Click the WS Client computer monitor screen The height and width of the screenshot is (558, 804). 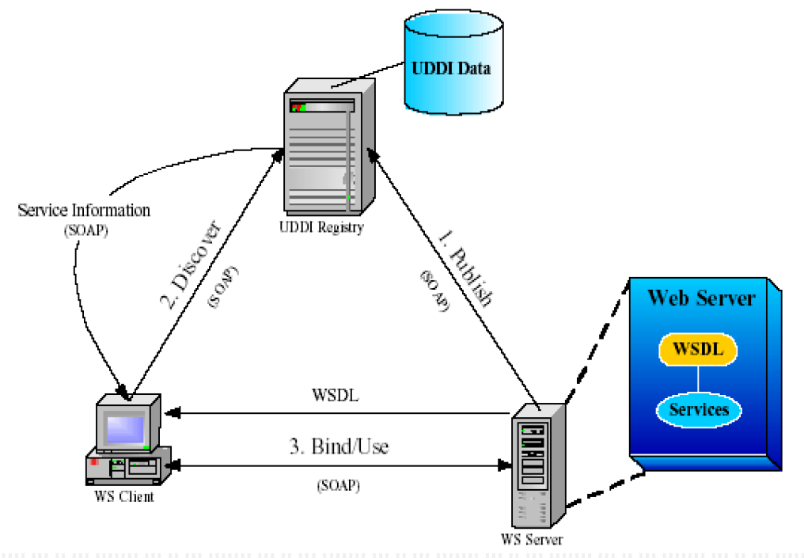(126, 428)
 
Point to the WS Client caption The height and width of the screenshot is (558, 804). (126, 497)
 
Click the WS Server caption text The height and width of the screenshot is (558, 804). (532, 540)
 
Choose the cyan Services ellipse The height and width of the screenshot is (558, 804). (698, 409)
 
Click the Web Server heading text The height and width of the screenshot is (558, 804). (701, 298)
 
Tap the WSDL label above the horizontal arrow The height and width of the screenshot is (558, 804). (336, 395)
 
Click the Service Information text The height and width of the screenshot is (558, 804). (84, 211)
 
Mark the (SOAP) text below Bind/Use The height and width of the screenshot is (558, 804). (338, 485)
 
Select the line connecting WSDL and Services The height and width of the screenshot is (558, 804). (698, 378)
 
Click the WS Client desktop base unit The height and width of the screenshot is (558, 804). (127, 467)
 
